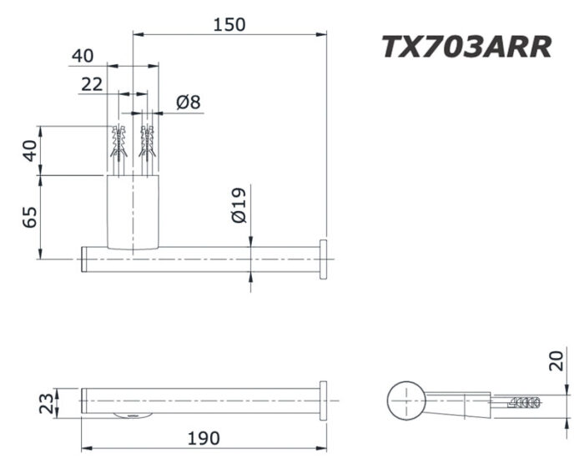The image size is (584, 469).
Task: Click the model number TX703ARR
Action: pyautogui.click(x=466, y=47)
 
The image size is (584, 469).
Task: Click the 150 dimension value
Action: pyautogui.click(x=228, y=24)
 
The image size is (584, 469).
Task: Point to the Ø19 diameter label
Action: pyautogui.click(x=239, y=205)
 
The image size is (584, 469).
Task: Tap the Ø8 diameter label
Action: pyautogui.click(x=189, y=103)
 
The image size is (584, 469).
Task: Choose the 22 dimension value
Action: pyautogui.click(x=92, y=83)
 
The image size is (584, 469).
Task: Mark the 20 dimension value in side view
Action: pyautogui.click(x=558, y=361)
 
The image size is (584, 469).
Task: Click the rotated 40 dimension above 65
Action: pyautogui.click(x=29, y=151)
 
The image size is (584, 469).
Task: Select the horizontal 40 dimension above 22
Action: pyautogui.click(x=83, y=56)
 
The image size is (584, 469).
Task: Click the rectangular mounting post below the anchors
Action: pyautogui.click(x=133, y=212)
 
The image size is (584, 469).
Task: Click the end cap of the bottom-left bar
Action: pyautogui.click(x=322, y=401)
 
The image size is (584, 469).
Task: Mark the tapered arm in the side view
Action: pyautogui.click(x=459, y=401)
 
